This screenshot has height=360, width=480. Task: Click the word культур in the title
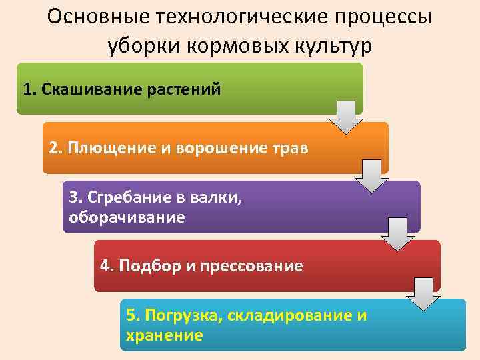[333, 46]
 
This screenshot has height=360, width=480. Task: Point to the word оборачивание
[127, 217]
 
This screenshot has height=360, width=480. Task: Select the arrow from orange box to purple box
[371, 177]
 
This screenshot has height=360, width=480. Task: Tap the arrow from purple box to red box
[397, 235]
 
